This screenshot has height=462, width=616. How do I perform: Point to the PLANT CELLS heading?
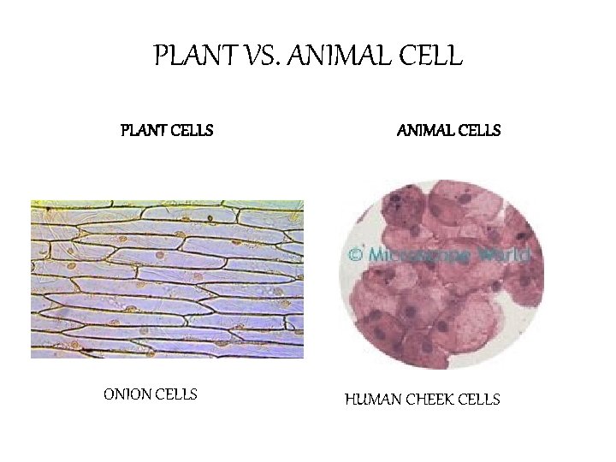(x=166, y=131)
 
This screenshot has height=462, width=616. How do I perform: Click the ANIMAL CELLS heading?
(x=449, y=131)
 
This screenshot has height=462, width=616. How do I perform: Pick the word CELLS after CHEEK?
(x=479, y=400)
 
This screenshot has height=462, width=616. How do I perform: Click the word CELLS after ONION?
(x=177, y=394)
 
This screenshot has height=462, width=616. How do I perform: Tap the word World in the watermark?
(x=506, y=254)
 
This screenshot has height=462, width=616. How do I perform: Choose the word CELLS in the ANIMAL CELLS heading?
(x=479, y=131)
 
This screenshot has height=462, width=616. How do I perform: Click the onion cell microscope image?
(x=167, y=278)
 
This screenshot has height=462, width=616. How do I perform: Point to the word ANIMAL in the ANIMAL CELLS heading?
(x=425, y=131)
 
